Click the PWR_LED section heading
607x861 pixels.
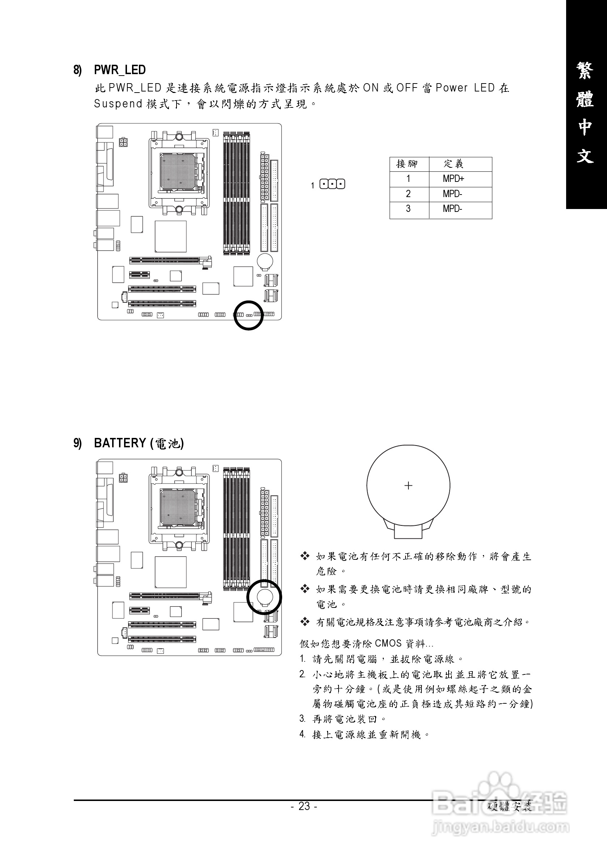coord(119,70)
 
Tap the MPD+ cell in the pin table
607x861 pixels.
coord(453,179)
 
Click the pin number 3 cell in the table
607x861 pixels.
coord(408,209)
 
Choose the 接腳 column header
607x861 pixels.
coord(407,164)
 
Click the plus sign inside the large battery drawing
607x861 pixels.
coord(408,486)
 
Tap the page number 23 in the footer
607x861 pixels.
coord(304,806)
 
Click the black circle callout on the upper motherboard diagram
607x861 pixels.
coord(249,315)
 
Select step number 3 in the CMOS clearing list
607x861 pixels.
coord(302,719)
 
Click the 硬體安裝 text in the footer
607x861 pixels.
coord(510,807)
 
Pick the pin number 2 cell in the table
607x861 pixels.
coord(408,194)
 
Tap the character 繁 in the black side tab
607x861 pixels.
coord(585,71)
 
